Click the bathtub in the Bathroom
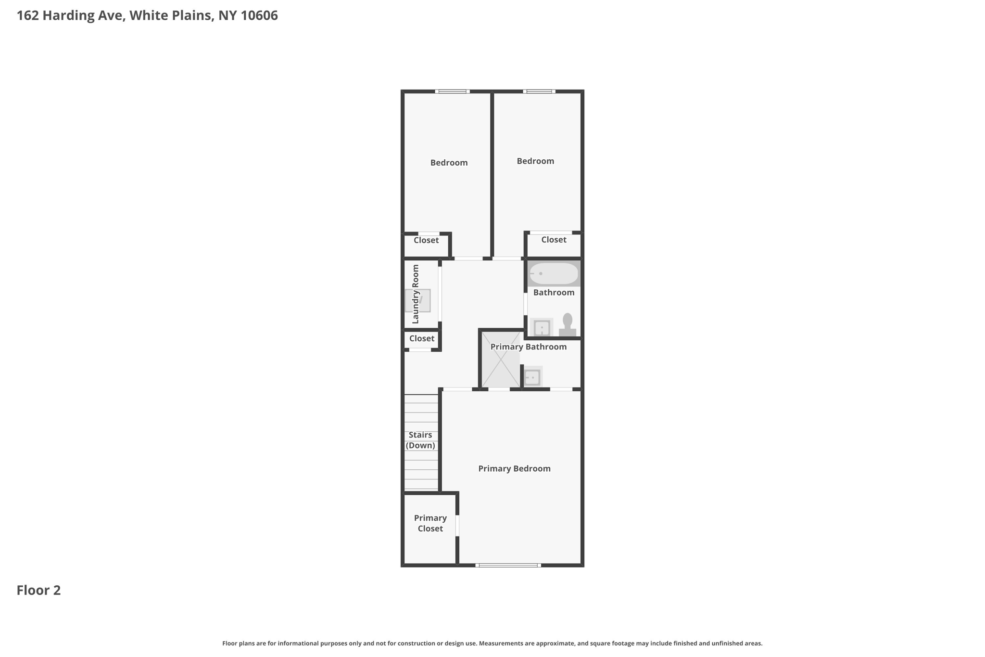pyautogui.click(x=554, y=273)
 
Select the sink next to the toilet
pyautogui.click(x=542, y=328)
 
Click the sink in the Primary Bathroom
pyautogui.click(x=532, y=377)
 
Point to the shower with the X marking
pyautogui.click(x=501, y=359)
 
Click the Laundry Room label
pyautogui.click(x=416, y=294)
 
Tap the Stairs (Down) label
pyautogui.click(x=420, y=440)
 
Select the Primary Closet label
pyautogui.click(x=430, y=523)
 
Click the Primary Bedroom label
pyautogui.click(x=514, y=468)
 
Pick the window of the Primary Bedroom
pyautogui.click(x=508, y=565)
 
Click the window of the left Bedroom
pyautogui.click(x=452, y=91)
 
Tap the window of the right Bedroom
pyautogui.click(x=539, y=91)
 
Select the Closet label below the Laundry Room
pyautogui.click(x=422, y=338)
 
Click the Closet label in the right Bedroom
pyautogui.click(x=554, y=240)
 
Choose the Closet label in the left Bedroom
pyautogui.click(x=426, y=240)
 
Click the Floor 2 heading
pyautogui.click(x=38, y=590)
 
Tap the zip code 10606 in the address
pyautogui.click(x=259, y=15)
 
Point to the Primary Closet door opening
pyautogui.click(x=457, y=526)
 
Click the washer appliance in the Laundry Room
pyautogui.click(x=418, y=300)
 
